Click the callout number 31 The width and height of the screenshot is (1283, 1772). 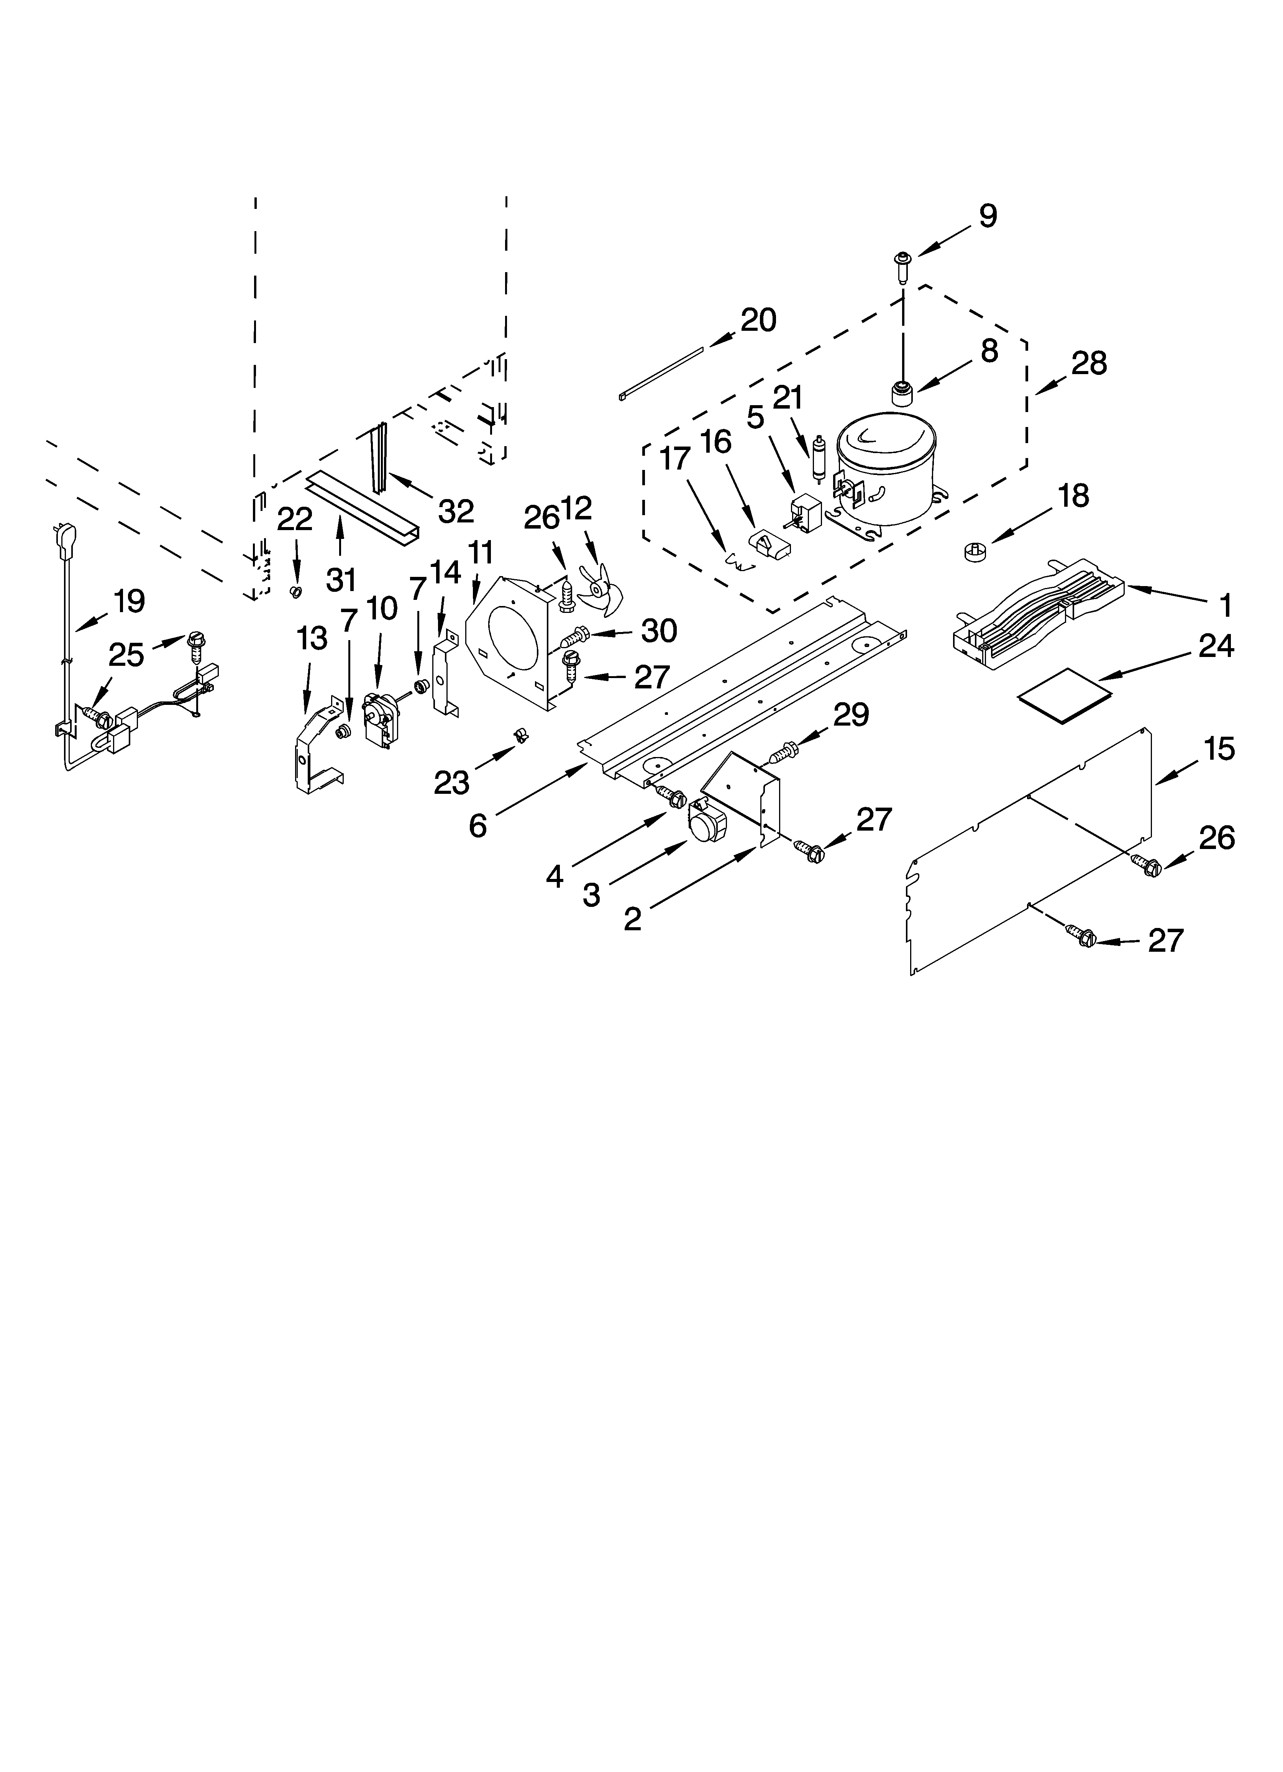tap(341, 579)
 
